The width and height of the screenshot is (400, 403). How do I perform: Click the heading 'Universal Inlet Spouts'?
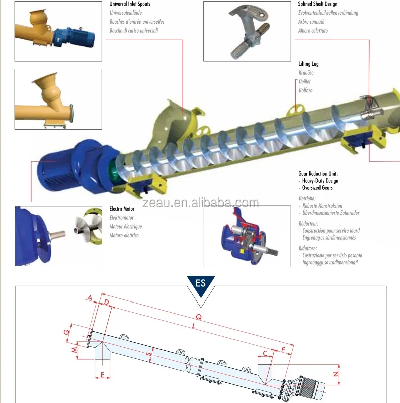click(130, 4)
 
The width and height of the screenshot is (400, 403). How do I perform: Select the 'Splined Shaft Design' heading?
click(317, 4)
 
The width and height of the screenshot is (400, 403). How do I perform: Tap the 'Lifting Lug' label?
click(308, 64)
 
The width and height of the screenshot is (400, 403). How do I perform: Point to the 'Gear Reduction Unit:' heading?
click(318, 173)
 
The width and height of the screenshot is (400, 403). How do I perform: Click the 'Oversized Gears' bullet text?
click(317, 188)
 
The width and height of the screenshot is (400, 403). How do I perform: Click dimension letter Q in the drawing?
click(198, 317)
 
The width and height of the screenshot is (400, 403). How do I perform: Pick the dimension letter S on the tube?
click(148, 354)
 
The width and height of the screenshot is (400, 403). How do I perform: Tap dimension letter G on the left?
click(66, 332)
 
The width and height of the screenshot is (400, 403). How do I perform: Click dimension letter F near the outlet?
click(283, 348)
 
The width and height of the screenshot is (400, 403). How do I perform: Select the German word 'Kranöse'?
click(306, 73)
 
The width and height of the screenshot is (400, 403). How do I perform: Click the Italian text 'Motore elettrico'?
click(124, 235)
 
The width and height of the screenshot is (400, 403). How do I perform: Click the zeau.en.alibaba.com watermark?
click(200, 203)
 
